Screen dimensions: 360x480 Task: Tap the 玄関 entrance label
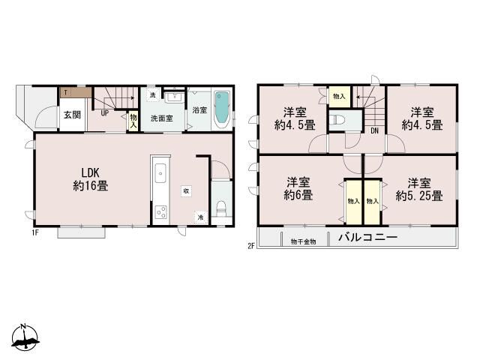tap(72, 115)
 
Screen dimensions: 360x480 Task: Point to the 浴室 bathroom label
tap(199, 110)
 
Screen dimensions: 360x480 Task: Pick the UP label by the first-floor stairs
tap(105, 114)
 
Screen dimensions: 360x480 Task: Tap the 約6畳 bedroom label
tap(298, 188)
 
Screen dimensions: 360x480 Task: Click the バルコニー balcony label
tap(367, 240)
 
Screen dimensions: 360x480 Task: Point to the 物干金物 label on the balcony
tap(303, 241)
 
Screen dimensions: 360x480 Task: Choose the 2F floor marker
tap(251, 245)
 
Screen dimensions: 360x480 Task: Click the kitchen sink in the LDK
tap(160, 175)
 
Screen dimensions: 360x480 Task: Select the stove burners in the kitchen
tap(160, 211)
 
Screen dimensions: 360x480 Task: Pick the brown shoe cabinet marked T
tap(76, 93)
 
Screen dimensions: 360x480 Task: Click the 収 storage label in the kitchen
tap(186, 190)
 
